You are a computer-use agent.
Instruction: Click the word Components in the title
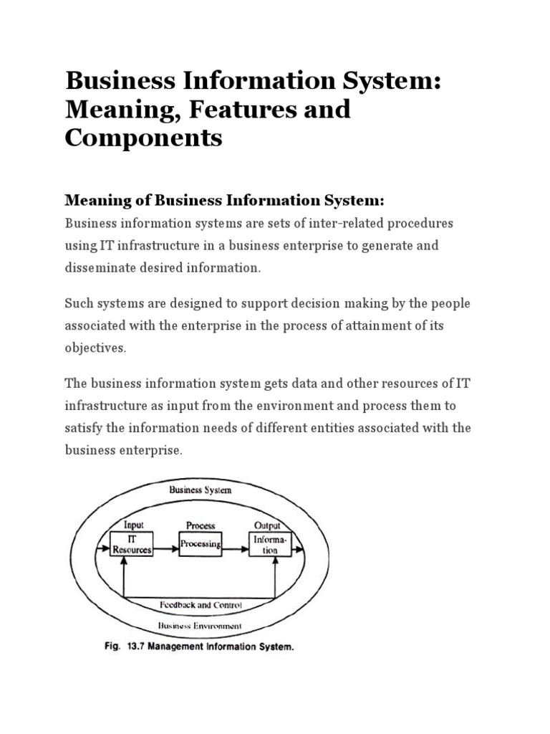pos(143,138)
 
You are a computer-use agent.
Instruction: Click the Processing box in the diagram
pos(201,544)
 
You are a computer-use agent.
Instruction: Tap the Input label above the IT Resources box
pos(134,525)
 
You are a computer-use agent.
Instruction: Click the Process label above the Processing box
pos(201,525)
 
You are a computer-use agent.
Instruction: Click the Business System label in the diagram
pos(200,491)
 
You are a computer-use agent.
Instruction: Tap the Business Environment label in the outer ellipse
pos(201,625)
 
